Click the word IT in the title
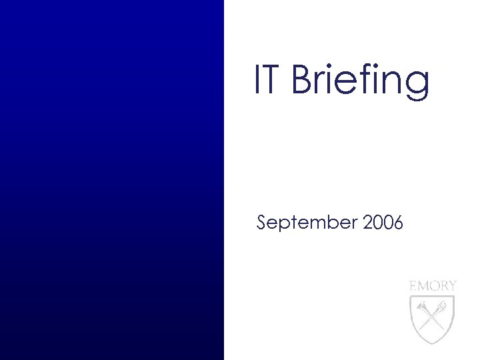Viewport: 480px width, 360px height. (269, 80)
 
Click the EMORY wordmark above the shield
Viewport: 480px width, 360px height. (433, 285)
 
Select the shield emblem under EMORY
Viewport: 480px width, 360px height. (433, 316)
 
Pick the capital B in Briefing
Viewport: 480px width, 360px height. (303, 80)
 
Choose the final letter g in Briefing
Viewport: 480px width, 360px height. (418, 85)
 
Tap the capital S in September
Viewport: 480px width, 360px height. (263, 223)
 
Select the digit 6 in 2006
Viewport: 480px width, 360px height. (398, 223)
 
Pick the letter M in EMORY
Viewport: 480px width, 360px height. (423, 285)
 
